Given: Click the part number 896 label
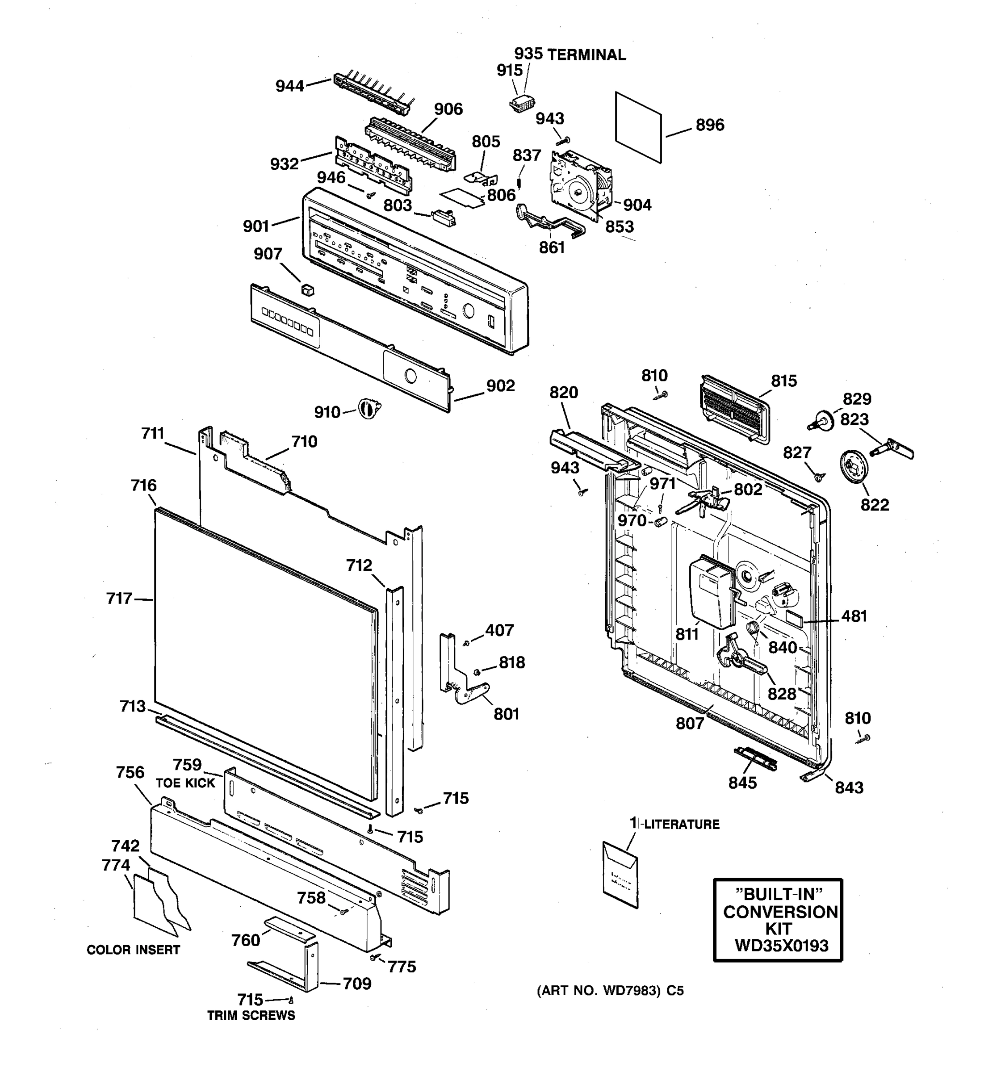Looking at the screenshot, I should point(710,125).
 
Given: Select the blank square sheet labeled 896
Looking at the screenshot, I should point(638,127).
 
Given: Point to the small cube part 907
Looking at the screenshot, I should point(307,290).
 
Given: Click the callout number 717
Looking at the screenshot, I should point(119,598).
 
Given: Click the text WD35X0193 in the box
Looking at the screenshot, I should point(781,946).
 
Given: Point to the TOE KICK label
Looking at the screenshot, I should point(185,783).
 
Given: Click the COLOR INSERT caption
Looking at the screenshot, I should point(133,950).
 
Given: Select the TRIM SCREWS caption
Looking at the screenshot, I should point(251,1015).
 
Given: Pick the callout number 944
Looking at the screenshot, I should point(289,86).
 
